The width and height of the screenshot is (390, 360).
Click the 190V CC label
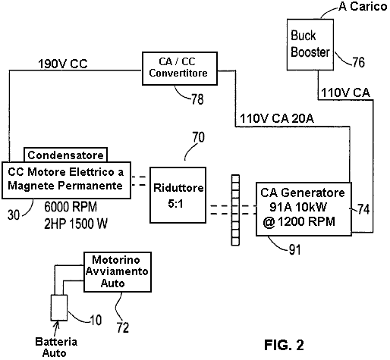pos(63,64)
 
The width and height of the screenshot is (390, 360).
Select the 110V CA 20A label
pos(277,118)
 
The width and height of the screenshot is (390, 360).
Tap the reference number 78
pos(197,99)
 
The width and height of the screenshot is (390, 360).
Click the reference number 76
pos(359,62)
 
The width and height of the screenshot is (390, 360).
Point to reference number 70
pos(198,137)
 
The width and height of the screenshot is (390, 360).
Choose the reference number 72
pos(123,327)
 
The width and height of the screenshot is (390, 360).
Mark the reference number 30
pos(14,215)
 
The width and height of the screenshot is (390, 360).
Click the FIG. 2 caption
pos(284,345)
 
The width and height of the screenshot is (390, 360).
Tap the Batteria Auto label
pos(56,347)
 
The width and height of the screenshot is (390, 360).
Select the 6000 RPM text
pos(71,207)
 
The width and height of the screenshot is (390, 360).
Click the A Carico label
pos(363,7)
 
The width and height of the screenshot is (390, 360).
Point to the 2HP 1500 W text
pos(76,224)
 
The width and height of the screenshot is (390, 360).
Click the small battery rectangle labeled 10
pos(59,308)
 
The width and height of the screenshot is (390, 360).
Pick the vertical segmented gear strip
pos(235,210)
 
